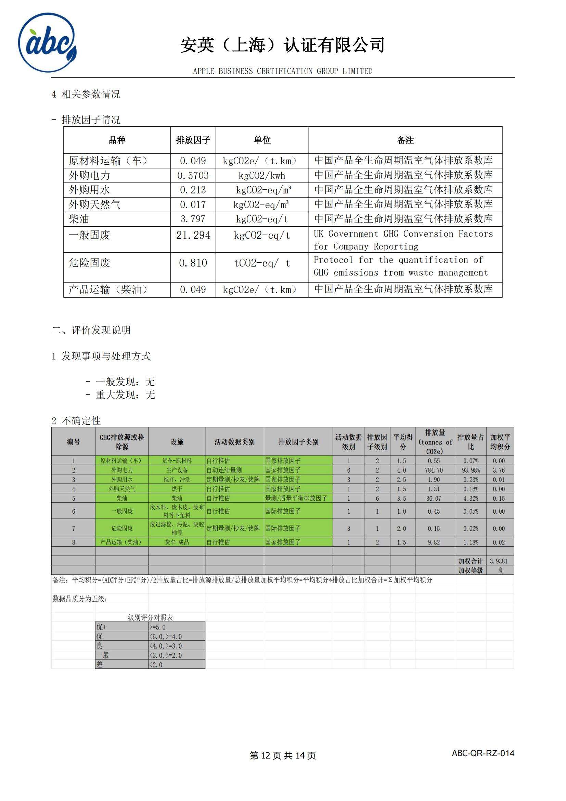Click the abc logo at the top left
click(x=48, y=43)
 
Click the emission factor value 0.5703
click(x=193, y=175)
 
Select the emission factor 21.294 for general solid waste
click(x=193, y=236)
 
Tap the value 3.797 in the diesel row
click(x=193, y=219)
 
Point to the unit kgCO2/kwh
click(x=262, y=175)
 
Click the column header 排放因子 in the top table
click(x=193, y=140)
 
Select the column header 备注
click(x=405, y=140)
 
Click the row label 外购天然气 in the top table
click(x=95, y=204)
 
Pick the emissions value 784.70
click(x=434, y=470)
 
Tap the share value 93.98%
click(x=471, y=470)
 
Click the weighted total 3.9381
click(x=499, y=561)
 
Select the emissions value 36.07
click(x=434, y=499)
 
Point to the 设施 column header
click(x=177, y=442)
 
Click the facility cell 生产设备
click(x=177, y=470)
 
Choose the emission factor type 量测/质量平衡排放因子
click(x=296, y=499)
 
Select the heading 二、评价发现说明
click(x=91, y=330)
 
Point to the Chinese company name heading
click(x=283, y=45)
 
